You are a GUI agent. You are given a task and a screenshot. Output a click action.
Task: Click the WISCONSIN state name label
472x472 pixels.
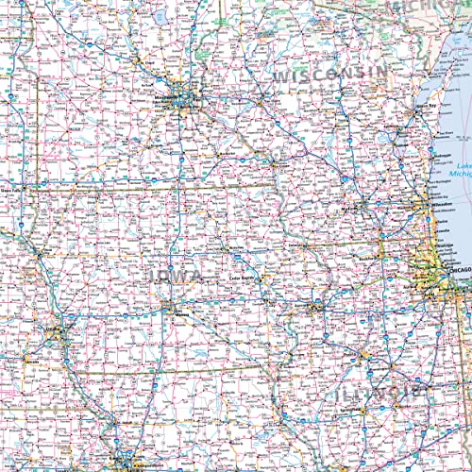pyautogui.click(x=329, y=74)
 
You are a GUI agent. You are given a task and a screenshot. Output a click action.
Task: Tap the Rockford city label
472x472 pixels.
pyautogui.click(x=368, y=256)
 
